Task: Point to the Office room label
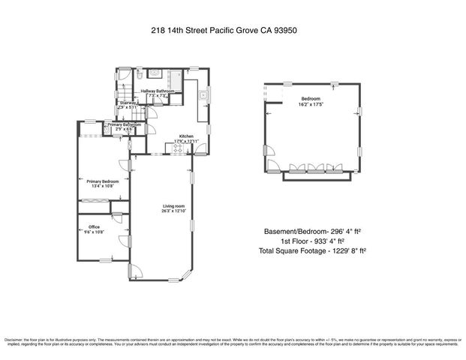coord(94,226)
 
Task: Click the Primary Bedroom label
coord(102,181)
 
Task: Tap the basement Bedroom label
coord(311,99)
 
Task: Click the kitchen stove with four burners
coord(179,149)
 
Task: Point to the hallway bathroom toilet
coord(140,76)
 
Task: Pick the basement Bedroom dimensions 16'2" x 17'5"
coord(311,104)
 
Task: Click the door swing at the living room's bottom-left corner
coord(134,271)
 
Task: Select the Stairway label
coord(125,102)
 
